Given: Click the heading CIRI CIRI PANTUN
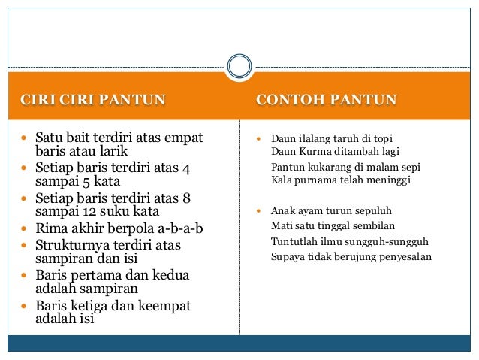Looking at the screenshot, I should (92, 100).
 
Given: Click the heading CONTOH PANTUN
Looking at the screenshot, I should (327, 100).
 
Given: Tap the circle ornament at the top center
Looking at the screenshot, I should (239, 66).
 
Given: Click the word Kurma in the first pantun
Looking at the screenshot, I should (309, 152).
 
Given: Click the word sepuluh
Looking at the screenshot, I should (372, 210).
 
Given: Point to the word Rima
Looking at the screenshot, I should (51, 228).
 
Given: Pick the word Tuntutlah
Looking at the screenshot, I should (291, 241).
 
